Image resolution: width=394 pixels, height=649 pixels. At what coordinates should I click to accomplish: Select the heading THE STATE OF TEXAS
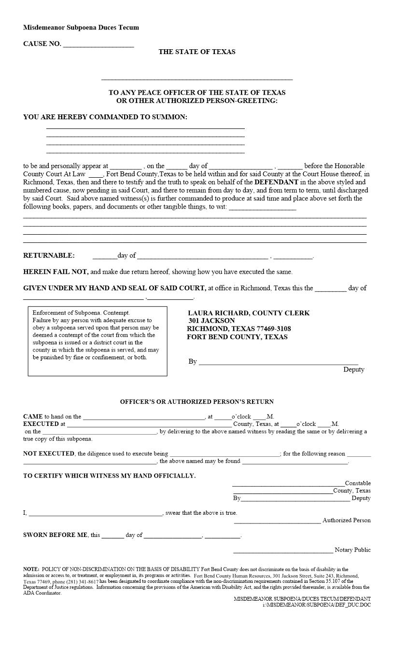[197, 52]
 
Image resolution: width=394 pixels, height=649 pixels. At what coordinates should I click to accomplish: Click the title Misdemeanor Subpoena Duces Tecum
[81, 28]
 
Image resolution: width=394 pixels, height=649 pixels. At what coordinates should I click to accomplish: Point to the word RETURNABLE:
[49, 255]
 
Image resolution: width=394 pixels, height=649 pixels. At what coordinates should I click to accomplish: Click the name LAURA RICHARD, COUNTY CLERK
[249, 313]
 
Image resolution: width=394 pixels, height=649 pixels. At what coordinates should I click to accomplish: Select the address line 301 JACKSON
[211, 321]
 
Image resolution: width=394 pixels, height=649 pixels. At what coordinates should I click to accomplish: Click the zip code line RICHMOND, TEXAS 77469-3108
[239, 329]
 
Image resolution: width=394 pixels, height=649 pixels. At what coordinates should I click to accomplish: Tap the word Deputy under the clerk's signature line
[353, 369]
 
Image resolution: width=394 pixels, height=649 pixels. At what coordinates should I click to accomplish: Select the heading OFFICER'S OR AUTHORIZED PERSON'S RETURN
[197, 402]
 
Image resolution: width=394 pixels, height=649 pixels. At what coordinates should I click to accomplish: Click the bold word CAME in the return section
[32, 416]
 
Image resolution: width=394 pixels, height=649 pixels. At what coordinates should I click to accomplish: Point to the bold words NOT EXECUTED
[49, 453]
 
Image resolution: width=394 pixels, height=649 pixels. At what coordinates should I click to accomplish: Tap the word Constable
[358, 483]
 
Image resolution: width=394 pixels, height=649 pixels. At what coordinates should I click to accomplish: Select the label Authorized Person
[346, 520]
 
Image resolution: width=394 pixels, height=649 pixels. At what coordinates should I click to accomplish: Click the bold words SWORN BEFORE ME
[56, 535]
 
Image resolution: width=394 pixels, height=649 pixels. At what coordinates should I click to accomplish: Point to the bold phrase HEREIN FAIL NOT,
[56, 272]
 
